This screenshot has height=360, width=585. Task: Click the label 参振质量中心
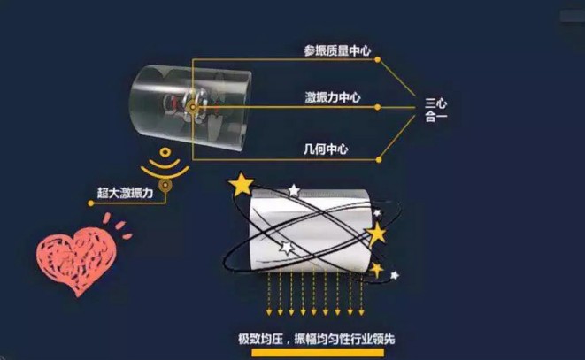click(337, 50)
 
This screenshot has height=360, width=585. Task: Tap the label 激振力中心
click(333, 97)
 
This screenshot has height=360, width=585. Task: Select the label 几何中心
click(326, 149)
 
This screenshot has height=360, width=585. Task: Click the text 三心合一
click(435, 110)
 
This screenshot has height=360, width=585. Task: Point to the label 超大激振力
click(126, 193)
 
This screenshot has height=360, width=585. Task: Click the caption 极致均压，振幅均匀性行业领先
click(316, 339)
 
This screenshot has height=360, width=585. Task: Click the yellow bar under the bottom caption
click(318, 353)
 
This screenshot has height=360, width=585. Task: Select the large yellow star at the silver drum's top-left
click(241, 184)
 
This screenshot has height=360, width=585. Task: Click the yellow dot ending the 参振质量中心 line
click(378, 59)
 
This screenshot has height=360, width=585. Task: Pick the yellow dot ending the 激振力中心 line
click(378, 107)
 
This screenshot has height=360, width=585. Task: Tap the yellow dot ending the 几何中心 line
click(379, 160)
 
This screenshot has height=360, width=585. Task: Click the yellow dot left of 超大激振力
click(90, 203)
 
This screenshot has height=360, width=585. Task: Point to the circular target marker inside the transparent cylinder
click(193, 107)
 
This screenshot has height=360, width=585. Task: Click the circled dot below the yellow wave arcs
click(165, 185)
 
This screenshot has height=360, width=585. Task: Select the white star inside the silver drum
click(287, 248)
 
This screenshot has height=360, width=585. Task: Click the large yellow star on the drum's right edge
click(377, 234)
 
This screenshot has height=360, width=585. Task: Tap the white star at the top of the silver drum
click(294, 191)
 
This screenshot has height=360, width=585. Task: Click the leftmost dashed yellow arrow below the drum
click(269, 295)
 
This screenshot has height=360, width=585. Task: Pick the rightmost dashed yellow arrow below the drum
click(361, 295)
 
